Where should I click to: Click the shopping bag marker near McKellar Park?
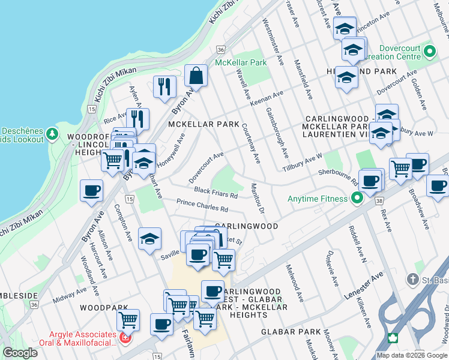[x=196, y=76]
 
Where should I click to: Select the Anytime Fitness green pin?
[x=357, y=198]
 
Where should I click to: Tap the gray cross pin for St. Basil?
[x=412, y=279]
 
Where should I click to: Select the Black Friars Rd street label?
[x=215, y=193]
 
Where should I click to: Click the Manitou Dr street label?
[x=258, y=199]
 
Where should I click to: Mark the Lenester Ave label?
[x=363, y=286]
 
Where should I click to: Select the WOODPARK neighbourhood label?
[x=101, y=307]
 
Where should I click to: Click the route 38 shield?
[x=378, y=203]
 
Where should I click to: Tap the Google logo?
[x=20, y=353]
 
